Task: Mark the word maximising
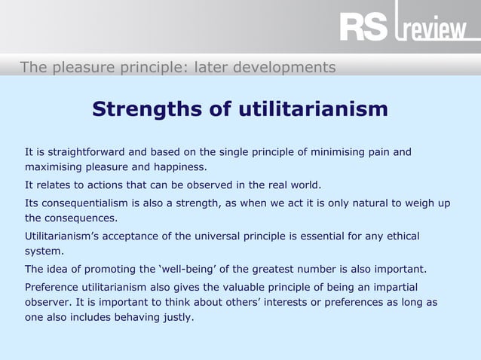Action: tap(54, 167)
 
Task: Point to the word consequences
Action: tap(82, 218)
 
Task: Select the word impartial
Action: tap(391, 287)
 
